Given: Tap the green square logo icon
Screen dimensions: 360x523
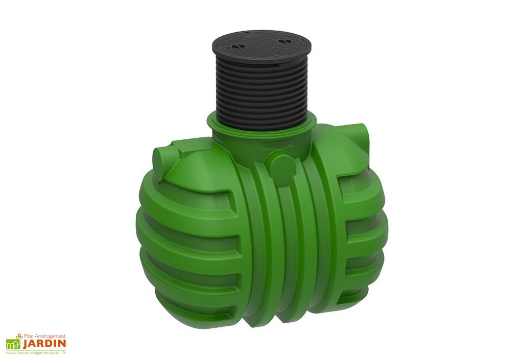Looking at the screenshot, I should tap(12, 345).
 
